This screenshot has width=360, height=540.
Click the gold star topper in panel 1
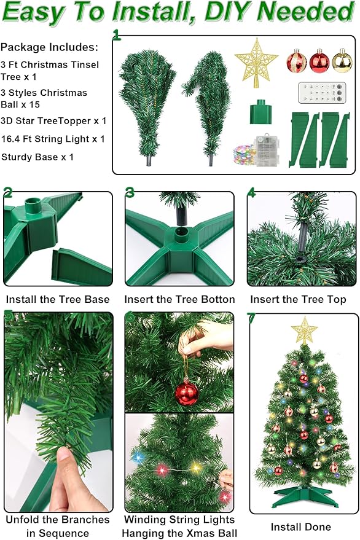[x=256, y=63]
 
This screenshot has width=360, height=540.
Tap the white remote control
[x=318, y=92]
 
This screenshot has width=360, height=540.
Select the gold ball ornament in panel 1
[x=342, y=61]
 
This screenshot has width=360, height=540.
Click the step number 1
[x=117, y=36]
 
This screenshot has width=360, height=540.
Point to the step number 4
[x=252, y=192]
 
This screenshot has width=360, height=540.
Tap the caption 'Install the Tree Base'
[x=58, y=299]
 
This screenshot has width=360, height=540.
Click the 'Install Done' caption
[x=301, y=526]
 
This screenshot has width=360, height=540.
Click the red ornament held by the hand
[x=187, y=392]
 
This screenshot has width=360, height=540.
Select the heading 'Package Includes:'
[x=49, y=47]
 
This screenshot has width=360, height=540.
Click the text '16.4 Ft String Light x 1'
[x=53, y=139]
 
